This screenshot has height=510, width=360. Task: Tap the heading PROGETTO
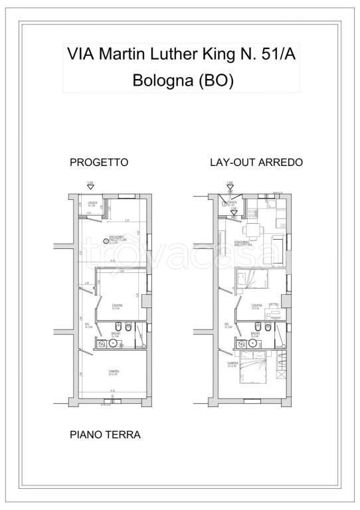(x=99, y=163)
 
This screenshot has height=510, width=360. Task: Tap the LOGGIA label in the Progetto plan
(x=92, y=203)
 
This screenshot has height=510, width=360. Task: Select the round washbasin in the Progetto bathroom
(x=103, y=344)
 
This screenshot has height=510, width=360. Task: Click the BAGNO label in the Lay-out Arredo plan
(x=253, y=334)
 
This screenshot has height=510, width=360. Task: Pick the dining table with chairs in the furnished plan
(x=254, y=231)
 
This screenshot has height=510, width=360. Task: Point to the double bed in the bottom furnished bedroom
(x=254, y=367)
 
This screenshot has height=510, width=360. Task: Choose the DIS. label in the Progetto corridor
(x=88, y=324)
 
